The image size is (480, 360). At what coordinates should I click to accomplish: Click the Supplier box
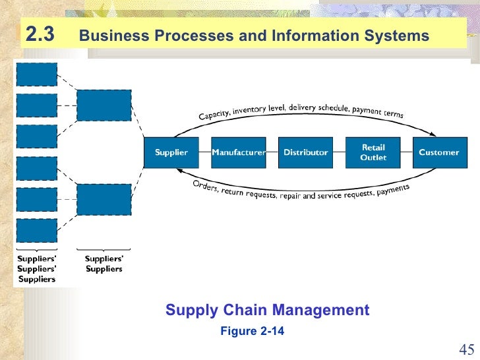tap(171, 152)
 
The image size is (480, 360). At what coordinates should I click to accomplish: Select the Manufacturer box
tap(238, 152)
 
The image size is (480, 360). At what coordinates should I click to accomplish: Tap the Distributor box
tap(305, 152)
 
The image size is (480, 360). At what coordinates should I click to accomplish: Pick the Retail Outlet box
tap(373, 152)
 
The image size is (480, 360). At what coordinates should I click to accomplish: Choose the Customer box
tap(438, 152)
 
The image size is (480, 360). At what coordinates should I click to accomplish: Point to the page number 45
tap(466, 349)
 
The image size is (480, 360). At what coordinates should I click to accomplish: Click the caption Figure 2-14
tap(252, 331)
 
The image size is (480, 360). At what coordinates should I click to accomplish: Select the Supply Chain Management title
tap(267, 310)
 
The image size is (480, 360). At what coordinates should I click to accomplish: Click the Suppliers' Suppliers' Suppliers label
tap(37, 269)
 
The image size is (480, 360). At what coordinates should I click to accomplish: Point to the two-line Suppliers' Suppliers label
tap(104, 264)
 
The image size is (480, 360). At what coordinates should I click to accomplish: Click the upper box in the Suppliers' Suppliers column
tap(104, 105)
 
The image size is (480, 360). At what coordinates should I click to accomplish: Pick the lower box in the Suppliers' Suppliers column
tap(104, 199)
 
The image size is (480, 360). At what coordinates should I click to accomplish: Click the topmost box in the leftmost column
tap(36, 74)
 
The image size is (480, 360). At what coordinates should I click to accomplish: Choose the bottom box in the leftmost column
tap(36, 230)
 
